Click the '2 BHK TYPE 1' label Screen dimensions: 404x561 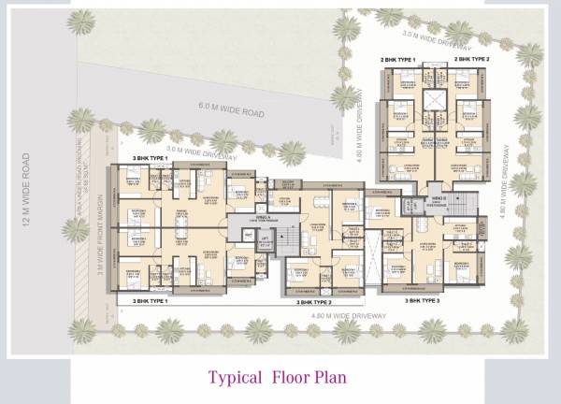[x=397, y=58]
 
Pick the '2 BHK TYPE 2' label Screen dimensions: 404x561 [x=472, y=58]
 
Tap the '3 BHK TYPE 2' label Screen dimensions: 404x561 [x=315, y=303]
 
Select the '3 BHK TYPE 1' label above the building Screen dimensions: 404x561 [x=150, y=159]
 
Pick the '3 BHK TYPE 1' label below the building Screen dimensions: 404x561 [x=150, y=301]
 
